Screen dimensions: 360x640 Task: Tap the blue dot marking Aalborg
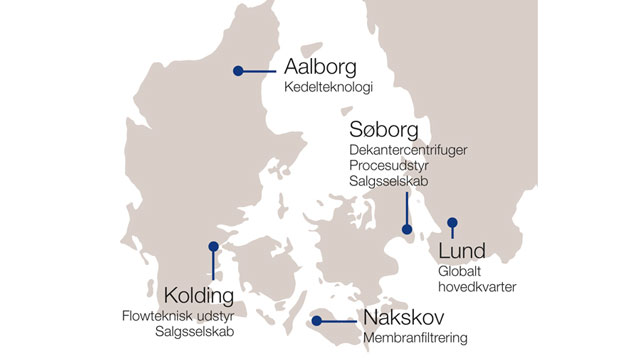[x=238, y=70]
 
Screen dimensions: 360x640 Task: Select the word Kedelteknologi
[x=328, y=89]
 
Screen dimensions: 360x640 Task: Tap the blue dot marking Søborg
[x=406, y=230]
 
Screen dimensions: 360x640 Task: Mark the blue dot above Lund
[x=452, y=222]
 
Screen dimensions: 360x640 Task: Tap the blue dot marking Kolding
[x=213, y=246]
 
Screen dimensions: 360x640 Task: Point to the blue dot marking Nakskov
[x=316, y=321]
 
